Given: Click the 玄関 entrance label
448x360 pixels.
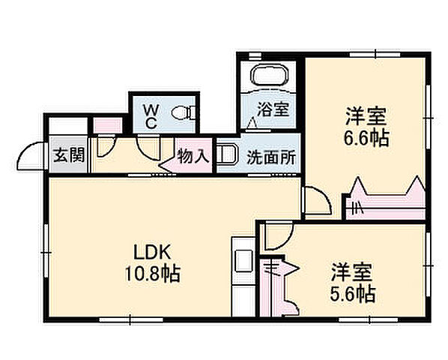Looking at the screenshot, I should click(x=68, y=157).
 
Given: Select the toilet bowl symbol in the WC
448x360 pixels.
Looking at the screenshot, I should click(x=183, y=113).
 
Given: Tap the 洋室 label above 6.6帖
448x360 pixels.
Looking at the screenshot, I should click(x=366, y=117).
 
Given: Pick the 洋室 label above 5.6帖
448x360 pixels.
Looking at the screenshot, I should click(x=352, y=270).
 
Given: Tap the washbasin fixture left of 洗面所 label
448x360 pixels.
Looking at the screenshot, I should click(x=227, y=154).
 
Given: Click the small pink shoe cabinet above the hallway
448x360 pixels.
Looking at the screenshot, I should click(x=106, y=124).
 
